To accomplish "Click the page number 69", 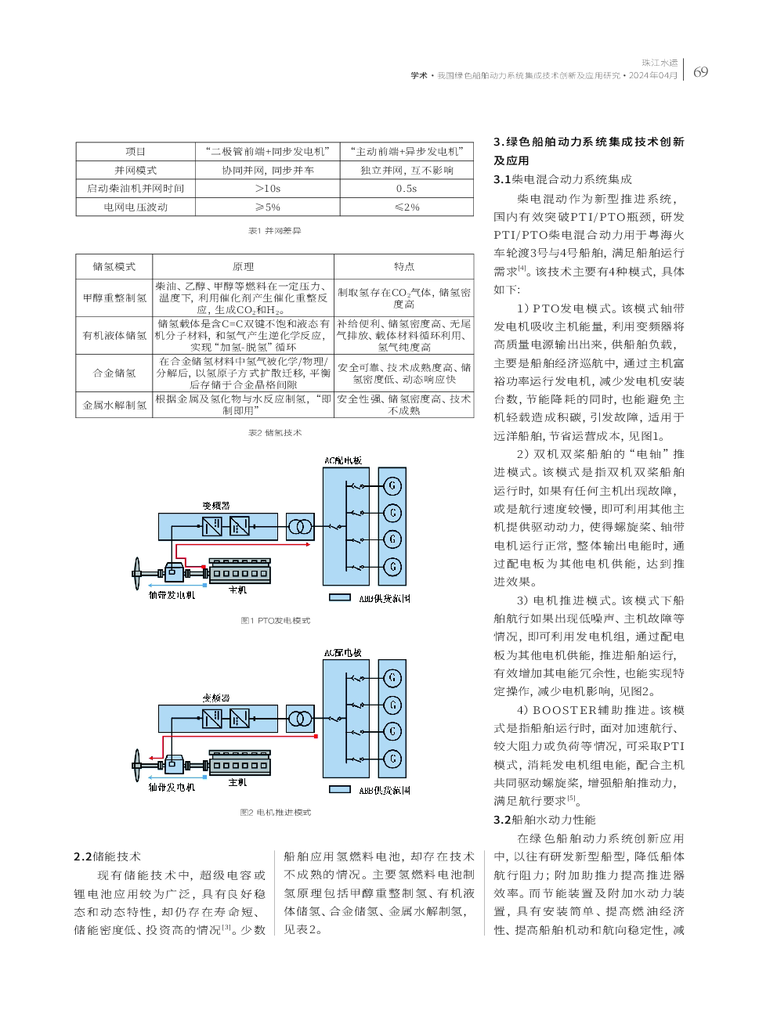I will [x=700, y=72].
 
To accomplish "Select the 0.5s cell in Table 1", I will [x=407, y=189].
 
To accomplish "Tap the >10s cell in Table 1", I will [x=267, y=189].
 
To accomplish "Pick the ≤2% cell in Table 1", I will [x=407, y=207].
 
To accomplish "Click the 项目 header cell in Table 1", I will [x=136, y=152].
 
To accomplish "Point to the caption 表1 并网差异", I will [x=274, y=231].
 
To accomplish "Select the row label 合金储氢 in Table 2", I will [x=114, y=373].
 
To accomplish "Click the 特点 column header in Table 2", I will [x=404, y=267].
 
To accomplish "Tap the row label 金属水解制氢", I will [x=114, y=406].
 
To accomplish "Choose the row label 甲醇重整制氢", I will [x=114, y=298].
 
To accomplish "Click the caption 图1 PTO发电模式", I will [x=275, y=621].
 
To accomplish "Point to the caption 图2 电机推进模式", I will [x=275, y=813].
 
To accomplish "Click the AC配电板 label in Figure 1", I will [x=343, y=461].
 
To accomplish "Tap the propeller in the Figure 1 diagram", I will [x=138, y=574].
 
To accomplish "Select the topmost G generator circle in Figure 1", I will [x=392, y=486].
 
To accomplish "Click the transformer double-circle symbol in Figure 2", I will [x=299, y=718].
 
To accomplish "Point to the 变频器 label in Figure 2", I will [x=216, y=698].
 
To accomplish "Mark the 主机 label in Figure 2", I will [x=237, y=782].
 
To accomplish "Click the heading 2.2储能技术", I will [x=107, y=857].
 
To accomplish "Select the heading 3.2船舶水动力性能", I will [x=544, y=820].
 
